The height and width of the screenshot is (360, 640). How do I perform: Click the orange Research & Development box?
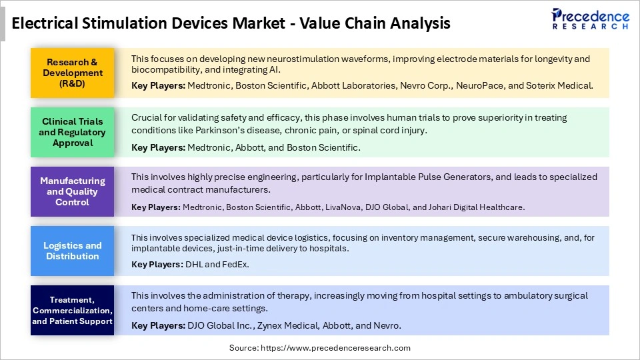(x=73, y=73)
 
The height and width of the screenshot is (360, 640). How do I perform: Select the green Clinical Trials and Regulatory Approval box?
(x=73, y=132)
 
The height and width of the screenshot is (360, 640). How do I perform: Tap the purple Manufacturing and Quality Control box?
(x=73, y=191)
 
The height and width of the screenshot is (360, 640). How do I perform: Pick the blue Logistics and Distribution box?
(x=73, y=251)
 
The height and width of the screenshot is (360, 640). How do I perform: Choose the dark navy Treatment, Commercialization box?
(x=73, y=310)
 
